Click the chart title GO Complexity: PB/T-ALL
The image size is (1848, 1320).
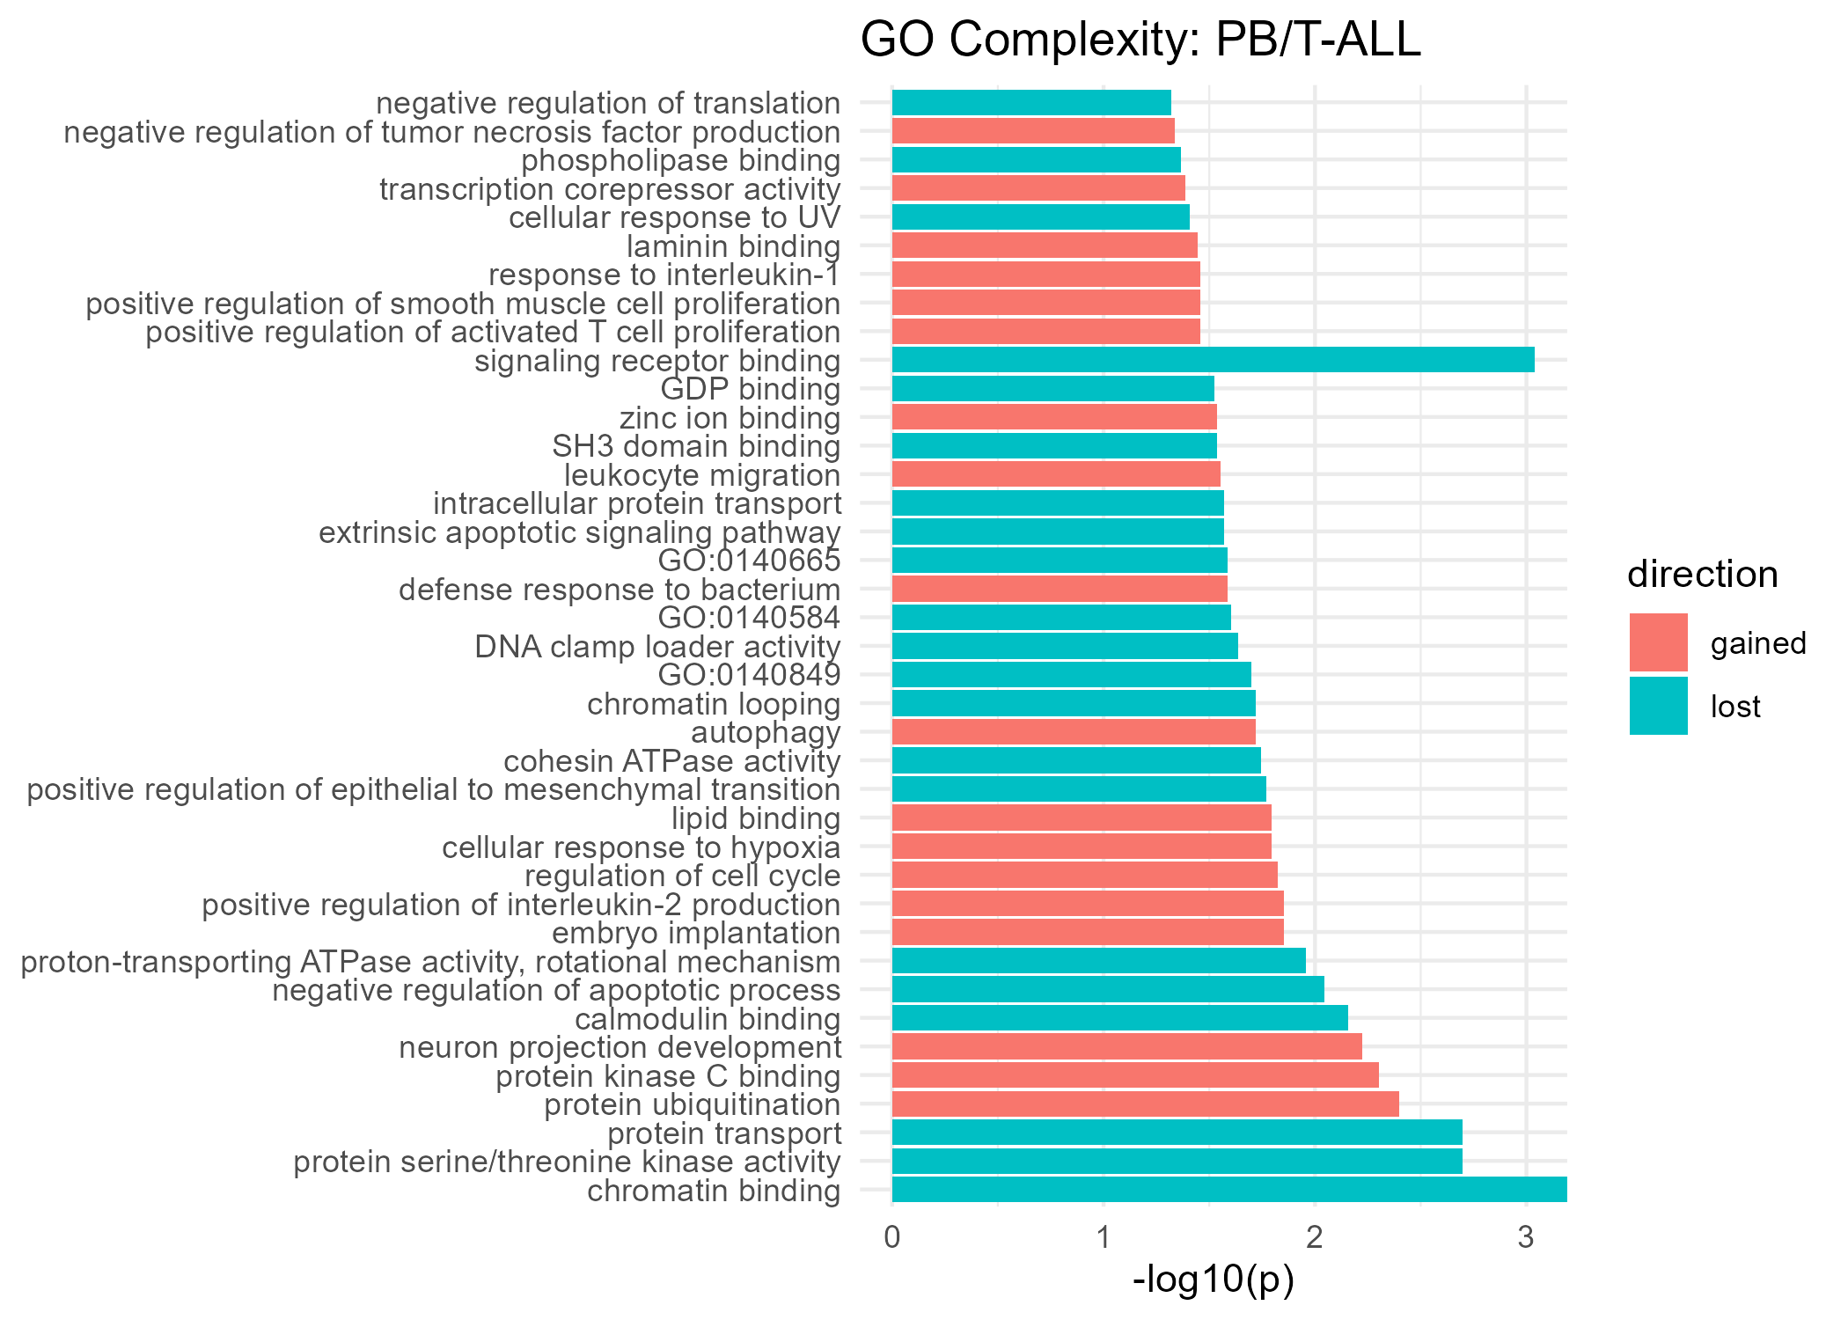(1140, 40)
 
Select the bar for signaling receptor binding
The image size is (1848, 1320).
(1213, 360)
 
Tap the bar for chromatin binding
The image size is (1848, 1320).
(1228, 1190)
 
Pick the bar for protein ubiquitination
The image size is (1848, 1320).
(1145, 1104)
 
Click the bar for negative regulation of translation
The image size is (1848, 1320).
(1031, 103)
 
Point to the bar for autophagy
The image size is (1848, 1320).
(1074, 732)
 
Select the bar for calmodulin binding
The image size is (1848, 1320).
(1119, 1018)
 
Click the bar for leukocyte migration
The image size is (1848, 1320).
(1056, 474)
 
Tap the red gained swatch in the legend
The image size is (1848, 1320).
(1658, 642)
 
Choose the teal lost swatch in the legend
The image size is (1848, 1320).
(1658, 706)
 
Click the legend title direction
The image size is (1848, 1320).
(1702, 575)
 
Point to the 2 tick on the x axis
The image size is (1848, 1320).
(1315, 1238)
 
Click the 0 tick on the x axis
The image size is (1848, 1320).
(892, 1238)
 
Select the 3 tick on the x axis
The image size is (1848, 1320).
(1526, 1238)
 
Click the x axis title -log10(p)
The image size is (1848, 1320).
(1213, 1280)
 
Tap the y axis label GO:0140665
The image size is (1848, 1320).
(749, 561)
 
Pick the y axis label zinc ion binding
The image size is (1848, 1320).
(730, 418)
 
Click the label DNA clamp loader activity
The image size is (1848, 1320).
(657, 647)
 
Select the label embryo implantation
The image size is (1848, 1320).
(695, 933)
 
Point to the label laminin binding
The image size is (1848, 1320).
(733, 246)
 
